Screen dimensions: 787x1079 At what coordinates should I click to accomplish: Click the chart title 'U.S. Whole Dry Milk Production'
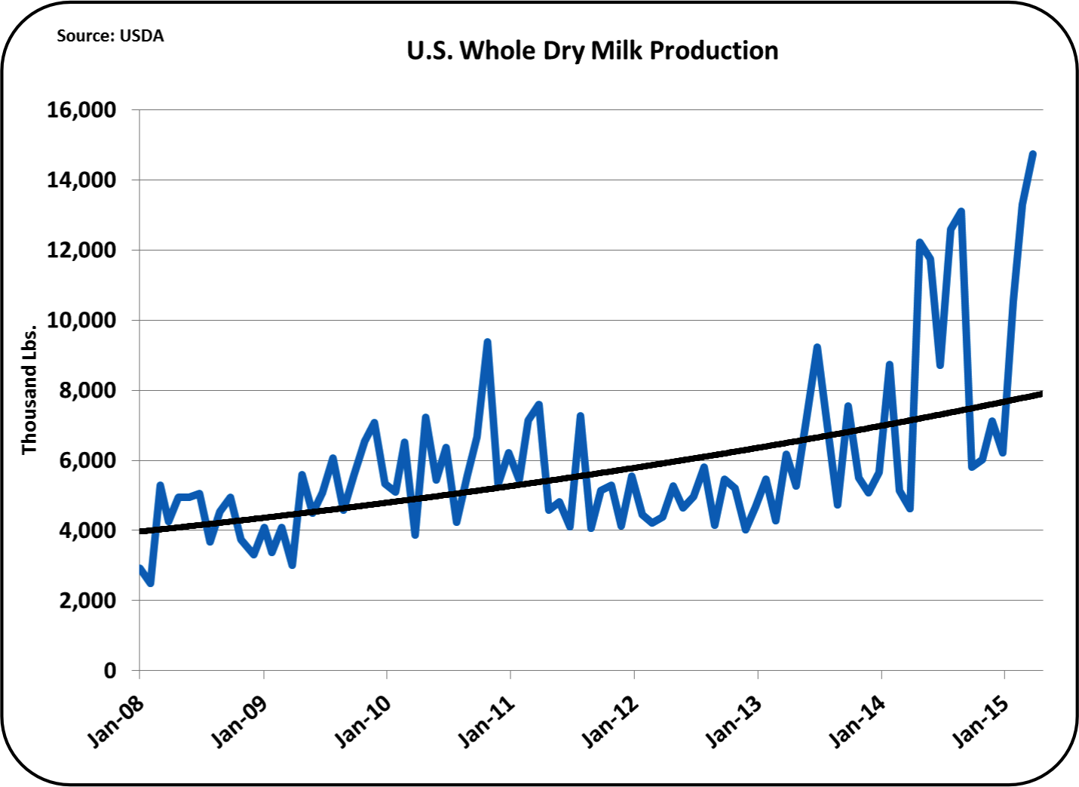(x=593, y=51)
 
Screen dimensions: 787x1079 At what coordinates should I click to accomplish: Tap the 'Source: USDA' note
(x=110, y=35)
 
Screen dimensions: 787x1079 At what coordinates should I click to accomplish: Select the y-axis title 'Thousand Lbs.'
(x=29, y=390)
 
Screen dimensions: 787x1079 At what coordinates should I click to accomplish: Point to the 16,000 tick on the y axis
(x=81, y=110)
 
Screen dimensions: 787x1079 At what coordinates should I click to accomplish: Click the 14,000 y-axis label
(x=81, y=180)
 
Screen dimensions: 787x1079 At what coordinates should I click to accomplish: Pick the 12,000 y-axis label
(x=81, y=251)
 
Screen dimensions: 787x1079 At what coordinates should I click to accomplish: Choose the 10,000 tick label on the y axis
(x=81, y=321)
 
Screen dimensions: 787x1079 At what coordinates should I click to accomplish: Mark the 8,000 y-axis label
(x=86, y=391)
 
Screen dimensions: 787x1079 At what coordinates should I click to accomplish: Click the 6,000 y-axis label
(x=86, y=460)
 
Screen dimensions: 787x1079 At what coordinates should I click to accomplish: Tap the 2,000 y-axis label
(x=86, y=601)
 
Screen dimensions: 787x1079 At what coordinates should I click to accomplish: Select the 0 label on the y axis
(x=109, y=671)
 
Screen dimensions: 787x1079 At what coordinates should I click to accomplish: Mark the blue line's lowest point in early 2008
(x=151, y=583)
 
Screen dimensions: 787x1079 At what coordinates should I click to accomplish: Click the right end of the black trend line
(x=1041, y=394)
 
